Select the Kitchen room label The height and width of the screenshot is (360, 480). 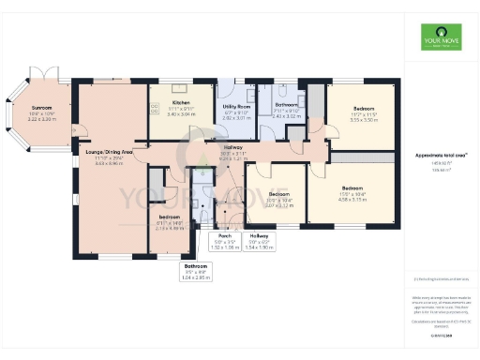[181, 102]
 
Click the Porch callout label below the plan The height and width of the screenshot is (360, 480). [225, 235]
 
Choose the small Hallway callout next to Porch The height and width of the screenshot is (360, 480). [260, 235]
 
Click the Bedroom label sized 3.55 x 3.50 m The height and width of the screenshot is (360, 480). [363, 109]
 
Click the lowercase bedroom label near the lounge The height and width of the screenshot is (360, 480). [169, 217]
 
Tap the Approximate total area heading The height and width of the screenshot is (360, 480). [435, 155]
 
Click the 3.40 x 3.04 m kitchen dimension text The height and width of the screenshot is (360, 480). [181, 113]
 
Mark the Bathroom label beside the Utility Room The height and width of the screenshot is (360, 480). [287, 108]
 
